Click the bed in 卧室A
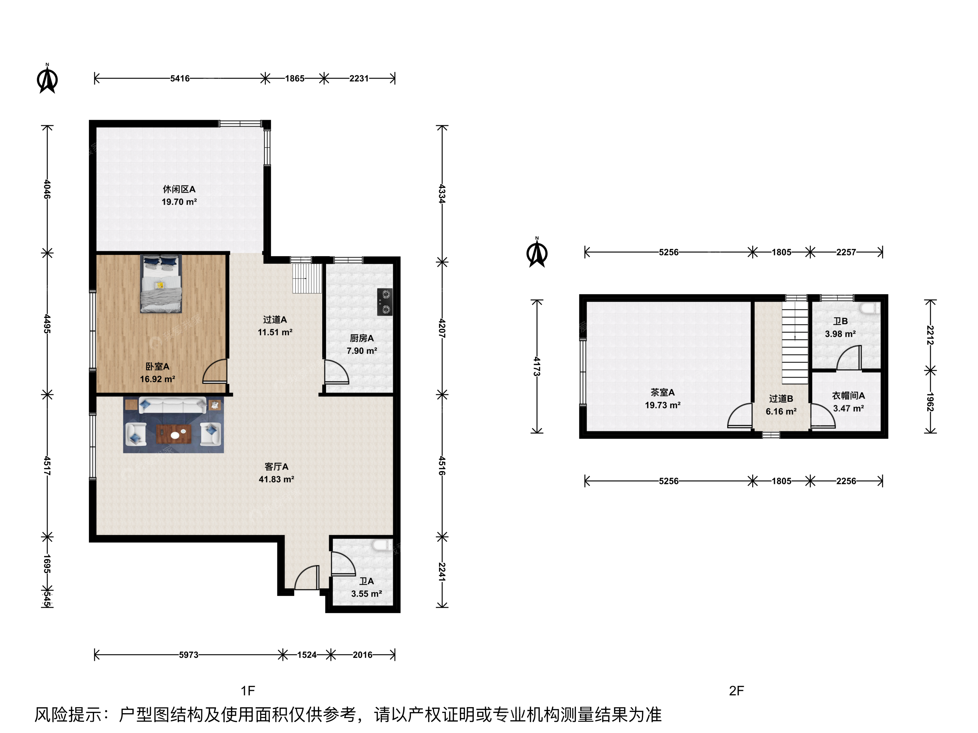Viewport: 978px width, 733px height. pos(161,284)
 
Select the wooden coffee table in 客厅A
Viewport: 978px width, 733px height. pos(174,434)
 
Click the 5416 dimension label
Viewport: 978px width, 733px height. pos(180,79)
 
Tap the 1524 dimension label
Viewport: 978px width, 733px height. pos(307,655)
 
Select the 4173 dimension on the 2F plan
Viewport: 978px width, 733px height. pos(537,366)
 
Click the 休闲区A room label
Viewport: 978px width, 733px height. pos(179,189)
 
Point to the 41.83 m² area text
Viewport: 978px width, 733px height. pos(276,479)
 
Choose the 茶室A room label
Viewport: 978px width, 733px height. pos(662,392)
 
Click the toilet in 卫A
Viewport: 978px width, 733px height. pos(382,545)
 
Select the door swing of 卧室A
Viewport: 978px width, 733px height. pos(215,371)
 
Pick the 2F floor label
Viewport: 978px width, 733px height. pos(737,691)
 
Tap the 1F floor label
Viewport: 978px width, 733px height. pos(248,691)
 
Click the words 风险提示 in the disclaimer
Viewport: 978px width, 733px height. pos(68,714)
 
